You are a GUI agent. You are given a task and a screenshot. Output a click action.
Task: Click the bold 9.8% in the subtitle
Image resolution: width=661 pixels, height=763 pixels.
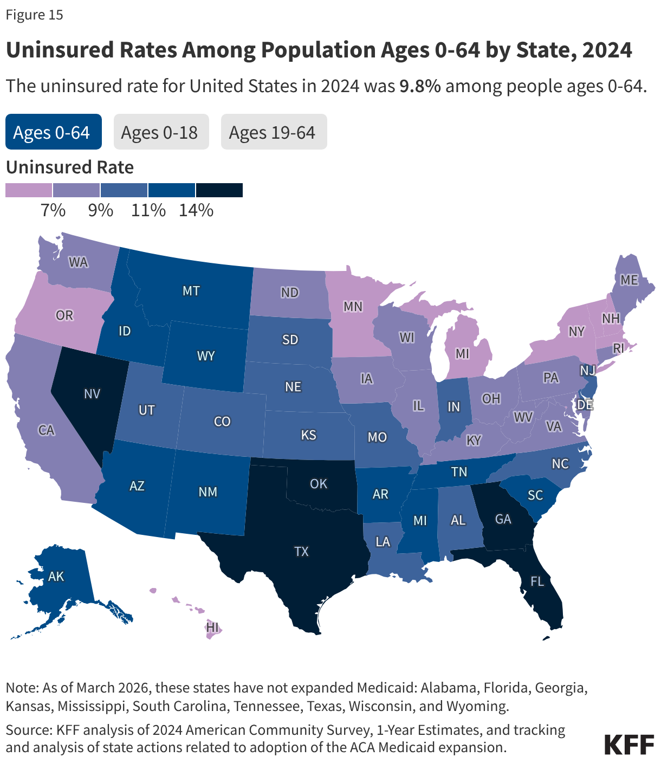coord(420,86)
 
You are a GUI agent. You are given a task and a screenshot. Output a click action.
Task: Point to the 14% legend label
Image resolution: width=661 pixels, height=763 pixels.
coord(196,210)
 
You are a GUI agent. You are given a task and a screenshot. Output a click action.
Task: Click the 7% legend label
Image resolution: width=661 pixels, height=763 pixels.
coord(53,210)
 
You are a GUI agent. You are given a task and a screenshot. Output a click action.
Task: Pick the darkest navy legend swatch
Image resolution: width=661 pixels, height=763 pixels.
coord(219,190)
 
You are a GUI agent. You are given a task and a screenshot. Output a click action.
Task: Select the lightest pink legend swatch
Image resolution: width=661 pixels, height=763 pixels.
coord(29,190)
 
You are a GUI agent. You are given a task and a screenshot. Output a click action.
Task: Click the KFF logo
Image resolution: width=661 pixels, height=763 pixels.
coord(629,745)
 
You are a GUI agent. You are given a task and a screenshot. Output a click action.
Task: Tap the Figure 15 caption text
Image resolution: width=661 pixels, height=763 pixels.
coord(35,15)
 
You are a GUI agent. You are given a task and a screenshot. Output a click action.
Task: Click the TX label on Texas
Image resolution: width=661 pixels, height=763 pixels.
coord(301,552)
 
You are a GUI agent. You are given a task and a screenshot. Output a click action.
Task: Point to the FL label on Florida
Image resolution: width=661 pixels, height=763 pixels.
coord(537,582)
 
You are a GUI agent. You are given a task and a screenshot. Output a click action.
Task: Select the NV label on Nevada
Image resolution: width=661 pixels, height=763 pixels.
coord(92,394)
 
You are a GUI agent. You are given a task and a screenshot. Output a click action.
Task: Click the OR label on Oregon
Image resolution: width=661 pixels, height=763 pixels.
coord(64,315)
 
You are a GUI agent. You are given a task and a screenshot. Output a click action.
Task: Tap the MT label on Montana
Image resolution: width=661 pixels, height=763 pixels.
coord(191,291)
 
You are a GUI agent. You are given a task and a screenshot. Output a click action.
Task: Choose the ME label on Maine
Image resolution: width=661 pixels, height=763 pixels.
coord(629,280)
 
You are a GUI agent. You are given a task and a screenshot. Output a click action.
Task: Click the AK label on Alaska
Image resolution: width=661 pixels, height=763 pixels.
coord(56,576)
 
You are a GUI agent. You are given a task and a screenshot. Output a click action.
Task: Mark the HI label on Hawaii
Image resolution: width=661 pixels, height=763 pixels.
coord(213,628)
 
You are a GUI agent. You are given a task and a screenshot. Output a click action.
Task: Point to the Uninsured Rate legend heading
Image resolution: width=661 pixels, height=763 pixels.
coord(70,167)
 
